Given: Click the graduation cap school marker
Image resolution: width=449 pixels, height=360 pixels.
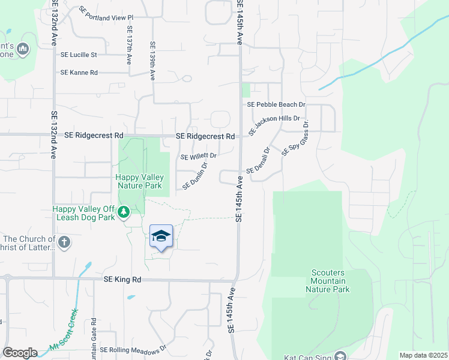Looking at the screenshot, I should coord(161,236).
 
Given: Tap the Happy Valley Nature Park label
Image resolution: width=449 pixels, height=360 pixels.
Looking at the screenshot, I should coord(140,181).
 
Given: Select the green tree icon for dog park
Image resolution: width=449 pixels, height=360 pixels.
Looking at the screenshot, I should coord(124,212).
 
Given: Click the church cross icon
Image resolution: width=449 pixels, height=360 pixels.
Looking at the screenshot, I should coord(64,242).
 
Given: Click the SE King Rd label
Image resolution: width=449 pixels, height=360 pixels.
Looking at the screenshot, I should coord(122,280).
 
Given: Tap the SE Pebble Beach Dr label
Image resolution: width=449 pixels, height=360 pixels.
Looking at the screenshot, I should coord(277,104).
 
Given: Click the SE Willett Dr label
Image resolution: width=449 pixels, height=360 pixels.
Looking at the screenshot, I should coord(199,156).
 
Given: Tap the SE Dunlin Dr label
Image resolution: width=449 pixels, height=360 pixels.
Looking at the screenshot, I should coord(195,176).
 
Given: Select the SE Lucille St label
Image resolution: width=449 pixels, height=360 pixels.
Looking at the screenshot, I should coord(79,55).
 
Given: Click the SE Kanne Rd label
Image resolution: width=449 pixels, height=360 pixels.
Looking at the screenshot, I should coord(79,73).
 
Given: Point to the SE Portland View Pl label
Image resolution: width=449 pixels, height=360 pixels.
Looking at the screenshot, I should coord(106,14).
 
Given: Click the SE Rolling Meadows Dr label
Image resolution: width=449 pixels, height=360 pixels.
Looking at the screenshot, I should coord(132,350).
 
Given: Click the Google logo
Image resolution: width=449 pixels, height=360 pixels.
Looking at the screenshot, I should coord(20,353).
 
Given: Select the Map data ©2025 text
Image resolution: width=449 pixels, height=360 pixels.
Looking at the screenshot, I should coord(423,355).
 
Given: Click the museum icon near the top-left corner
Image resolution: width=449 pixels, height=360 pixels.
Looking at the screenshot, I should coord(23,49).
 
